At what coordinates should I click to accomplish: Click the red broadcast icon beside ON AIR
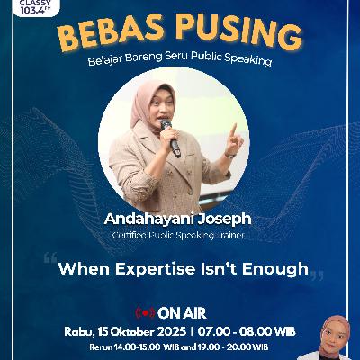pos(142,313)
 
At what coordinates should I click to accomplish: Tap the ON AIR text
pos(176,313)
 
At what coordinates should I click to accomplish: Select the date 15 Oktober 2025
pos(145,330)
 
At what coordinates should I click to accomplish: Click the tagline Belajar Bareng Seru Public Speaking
pos(180,66)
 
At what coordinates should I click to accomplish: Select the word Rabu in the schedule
pos(80,330)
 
